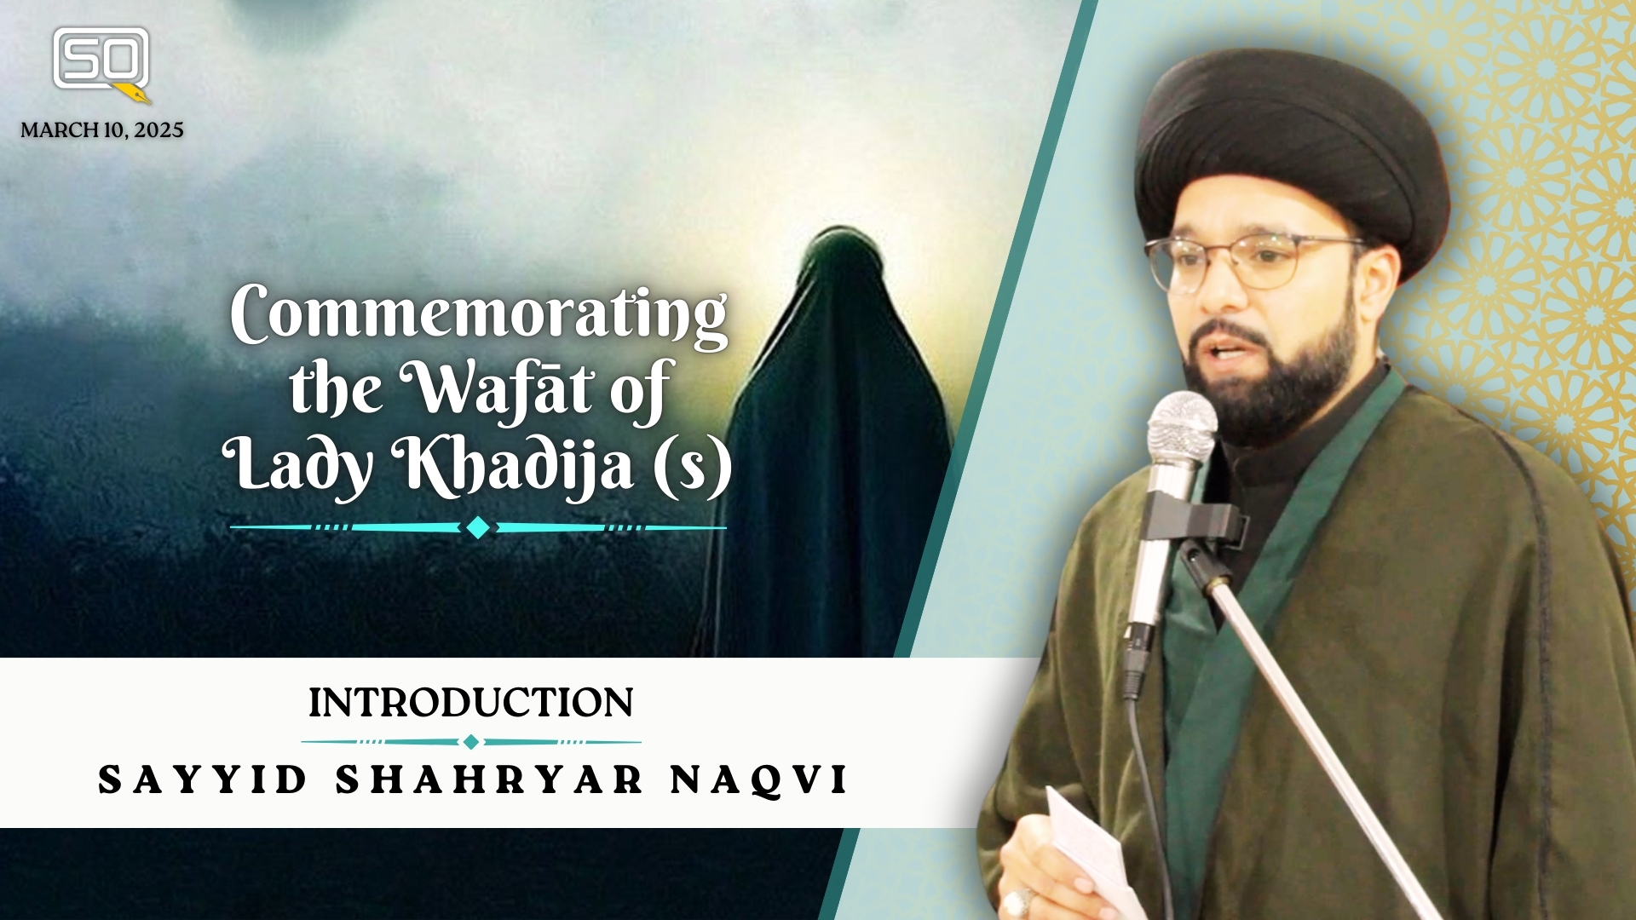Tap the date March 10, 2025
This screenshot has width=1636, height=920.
tap(102, 130)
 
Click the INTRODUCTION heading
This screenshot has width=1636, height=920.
tap(470, 704)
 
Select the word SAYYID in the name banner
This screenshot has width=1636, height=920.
tap(202, 779)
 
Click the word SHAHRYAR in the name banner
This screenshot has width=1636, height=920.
tap(489, 779)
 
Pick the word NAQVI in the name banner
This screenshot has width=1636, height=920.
tap(759, 780)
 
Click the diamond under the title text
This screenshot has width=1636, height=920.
tap(478, 528)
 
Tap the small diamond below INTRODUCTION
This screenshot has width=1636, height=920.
tap(470, 742)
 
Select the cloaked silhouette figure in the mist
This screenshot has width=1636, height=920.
tap(831, 443)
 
